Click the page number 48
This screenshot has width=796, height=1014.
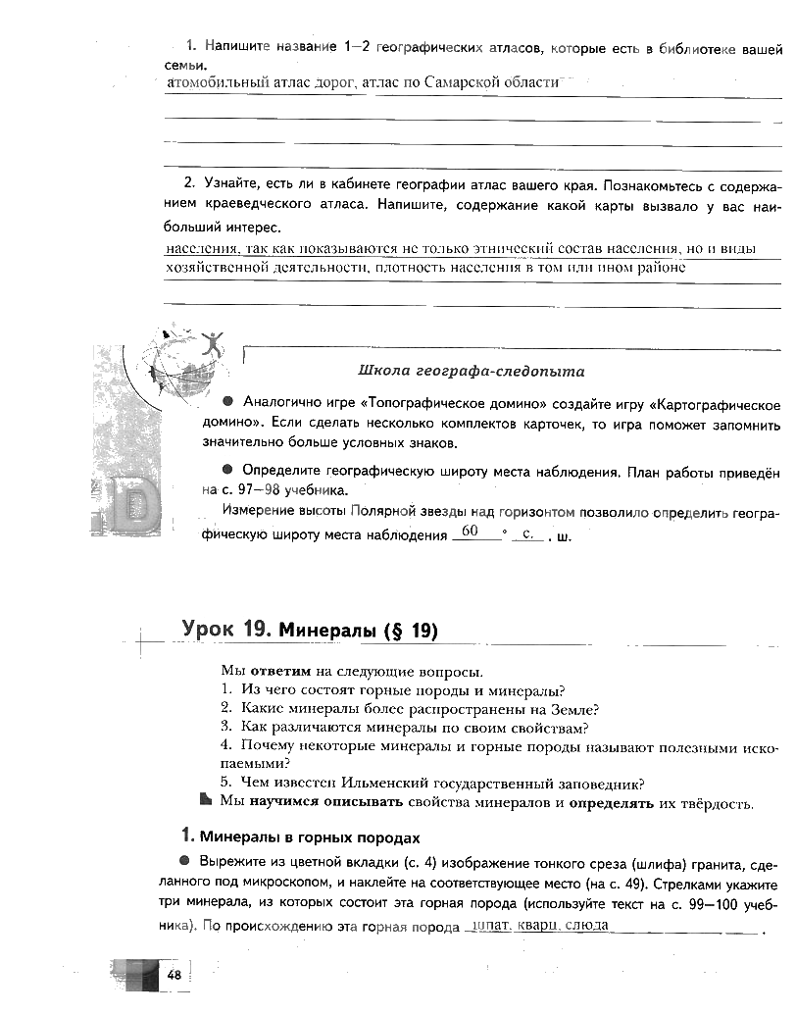point(174,974)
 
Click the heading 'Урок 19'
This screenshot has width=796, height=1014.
point(225,630)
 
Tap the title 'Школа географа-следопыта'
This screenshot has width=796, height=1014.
point(472,371)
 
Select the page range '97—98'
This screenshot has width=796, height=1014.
point(249,489)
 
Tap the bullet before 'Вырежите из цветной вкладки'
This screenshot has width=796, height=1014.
point(185,860)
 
